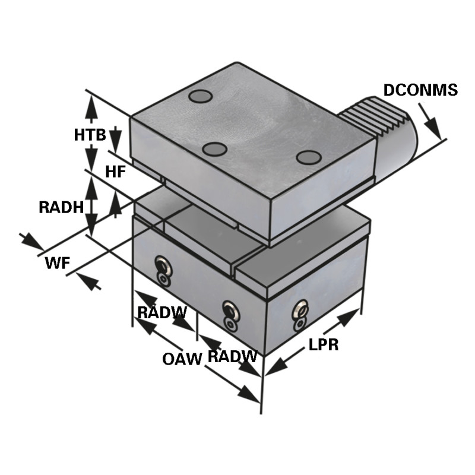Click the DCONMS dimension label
pyautogui.click(x=420, y=90)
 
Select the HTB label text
pyautogui.click(x=90, y=135)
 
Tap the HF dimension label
pyautogui.click(x=115, y=172)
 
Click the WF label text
pyautogui.click(x=56, y=263)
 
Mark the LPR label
pyautogui.click(x=324, y=345)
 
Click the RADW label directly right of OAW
pyautogui.click(x=232, y=357)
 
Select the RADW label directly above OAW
pyautogui.click(x=161, y=312)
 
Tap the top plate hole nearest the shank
pyautogui.click(x=309, y=157)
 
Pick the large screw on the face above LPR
pyautogui.click(x=302, y=309)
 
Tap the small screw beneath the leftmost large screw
pyautogui.click(x=163, y=278)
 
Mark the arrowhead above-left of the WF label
pyautogui.click(x=33, y=242)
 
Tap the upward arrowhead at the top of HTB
pyautogui.click(x=91, y=105)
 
